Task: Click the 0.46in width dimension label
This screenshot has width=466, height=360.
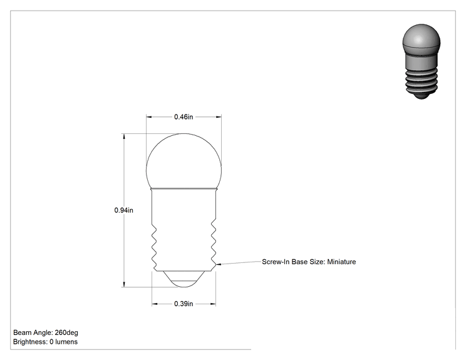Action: (x=184, y=116)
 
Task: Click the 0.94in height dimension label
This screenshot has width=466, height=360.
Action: (x=123, y=210)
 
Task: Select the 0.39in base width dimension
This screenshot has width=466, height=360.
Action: (x=184, y=304)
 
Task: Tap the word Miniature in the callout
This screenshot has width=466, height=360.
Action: (x=341, y=262)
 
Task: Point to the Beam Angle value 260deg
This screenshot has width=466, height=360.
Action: (x=66, y=332)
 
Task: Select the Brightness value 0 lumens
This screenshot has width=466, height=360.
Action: (x=64, y=342)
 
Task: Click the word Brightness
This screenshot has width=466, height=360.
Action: (x=30, y=342)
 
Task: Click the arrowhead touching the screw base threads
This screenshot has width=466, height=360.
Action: (x=219, y=264)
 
